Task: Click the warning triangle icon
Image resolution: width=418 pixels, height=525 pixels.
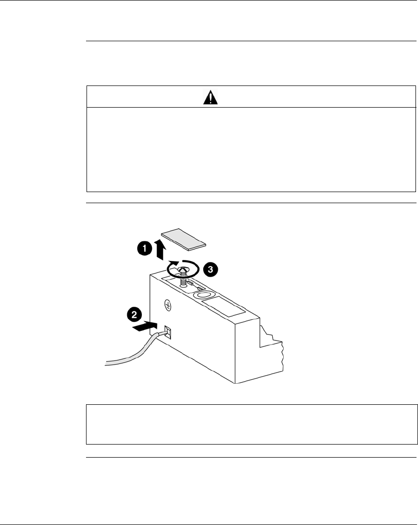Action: coord(211,97)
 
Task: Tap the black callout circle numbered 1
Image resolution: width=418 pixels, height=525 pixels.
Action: coord(144,248)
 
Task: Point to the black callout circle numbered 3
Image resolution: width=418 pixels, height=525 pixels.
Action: coord(212,269)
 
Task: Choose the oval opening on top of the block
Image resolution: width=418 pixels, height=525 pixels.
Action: coord(205,296)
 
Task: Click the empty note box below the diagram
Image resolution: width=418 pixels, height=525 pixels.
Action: coord(252,423)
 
